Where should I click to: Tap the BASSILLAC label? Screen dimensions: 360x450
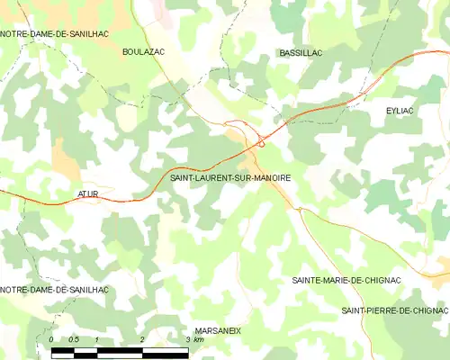301,54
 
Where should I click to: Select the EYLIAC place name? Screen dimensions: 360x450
400,109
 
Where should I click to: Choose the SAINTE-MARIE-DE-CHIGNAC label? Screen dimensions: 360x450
346,280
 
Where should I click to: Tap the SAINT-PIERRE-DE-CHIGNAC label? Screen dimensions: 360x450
394,310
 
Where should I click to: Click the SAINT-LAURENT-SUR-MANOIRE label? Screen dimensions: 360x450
230,179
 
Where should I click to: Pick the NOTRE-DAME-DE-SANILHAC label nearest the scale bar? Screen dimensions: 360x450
55,290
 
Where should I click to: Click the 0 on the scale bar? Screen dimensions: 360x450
52,339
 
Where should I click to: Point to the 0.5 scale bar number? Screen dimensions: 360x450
74,339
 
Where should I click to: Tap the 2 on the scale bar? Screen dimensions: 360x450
142,339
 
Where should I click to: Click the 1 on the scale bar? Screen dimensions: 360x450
97,339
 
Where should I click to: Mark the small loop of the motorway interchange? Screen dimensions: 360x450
260,140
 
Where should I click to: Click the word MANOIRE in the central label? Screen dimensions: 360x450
271,179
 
